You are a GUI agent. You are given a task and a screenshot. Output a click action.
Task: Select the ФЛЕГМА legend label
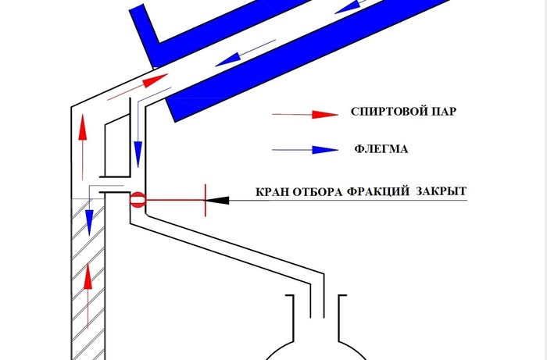pyautogui.click(x=381, y=149)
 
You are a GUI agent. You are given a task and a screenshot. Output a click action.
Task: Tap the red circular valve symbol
pyautogui.click(x=137, y=200)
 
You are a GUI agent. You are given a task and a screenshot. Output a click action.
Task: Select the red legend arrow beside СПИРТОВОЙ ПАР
pyautogui.click(x=305, y=114)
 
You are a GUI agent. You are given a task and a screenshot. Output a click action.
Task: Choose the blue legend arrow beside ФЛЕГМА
pyautogui.click(x=305, y=150)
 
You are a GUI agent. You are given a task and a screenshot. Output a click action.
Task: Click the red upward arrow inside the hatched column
pyautogui.click(x=88, y=295)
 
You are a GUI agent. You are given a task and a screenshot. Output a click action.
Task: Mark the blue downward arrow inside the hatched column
pyautogui.click(x=90, y=211)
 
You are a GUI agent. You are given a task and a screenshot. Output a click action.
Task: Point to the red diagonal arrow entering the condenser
pyautogui.click(x=138, y=87)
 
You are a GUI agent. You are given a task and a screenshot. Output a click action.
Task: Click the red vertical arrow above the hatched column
pyautogui.click(x=82, y=147)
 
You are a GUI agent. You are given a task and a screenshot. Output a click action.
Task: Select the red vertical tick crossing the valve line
pyautogui.click(x=206, y=200)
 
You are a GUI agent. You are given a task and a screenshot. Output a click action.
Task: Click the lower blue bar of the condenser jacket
pyautogui.click(x=307, y=61)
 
